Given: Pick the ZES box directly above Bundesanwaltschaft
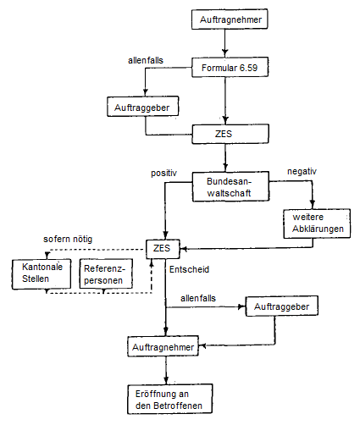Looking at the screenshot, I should [x=225, y=133].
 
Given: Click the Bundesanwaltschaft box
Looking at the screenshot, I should [x=225, y=186].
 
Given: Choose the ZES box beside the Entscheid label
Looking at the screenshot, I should [x=163, y=249].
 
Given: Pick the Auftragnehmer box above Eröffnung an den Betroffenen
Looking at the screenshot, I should [x=165, y=348].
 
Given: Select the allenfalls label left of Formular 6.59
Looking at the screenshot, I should [x=146, y=62].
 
